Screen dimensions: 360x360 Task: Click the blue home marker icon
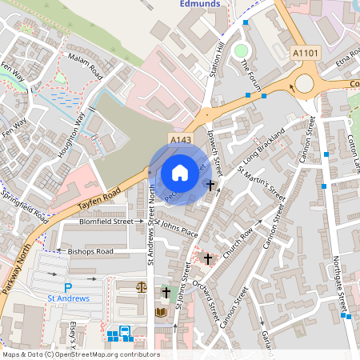pos(180,172)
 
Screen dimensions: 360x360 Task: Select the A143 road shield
pos(179,140)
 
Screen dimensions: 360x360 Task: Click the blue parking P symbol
pos(68,287)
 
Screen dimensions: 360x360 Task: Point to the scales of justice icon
pos(142,286)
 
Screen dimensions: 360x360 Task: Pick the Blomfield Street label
pos(106,222)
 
